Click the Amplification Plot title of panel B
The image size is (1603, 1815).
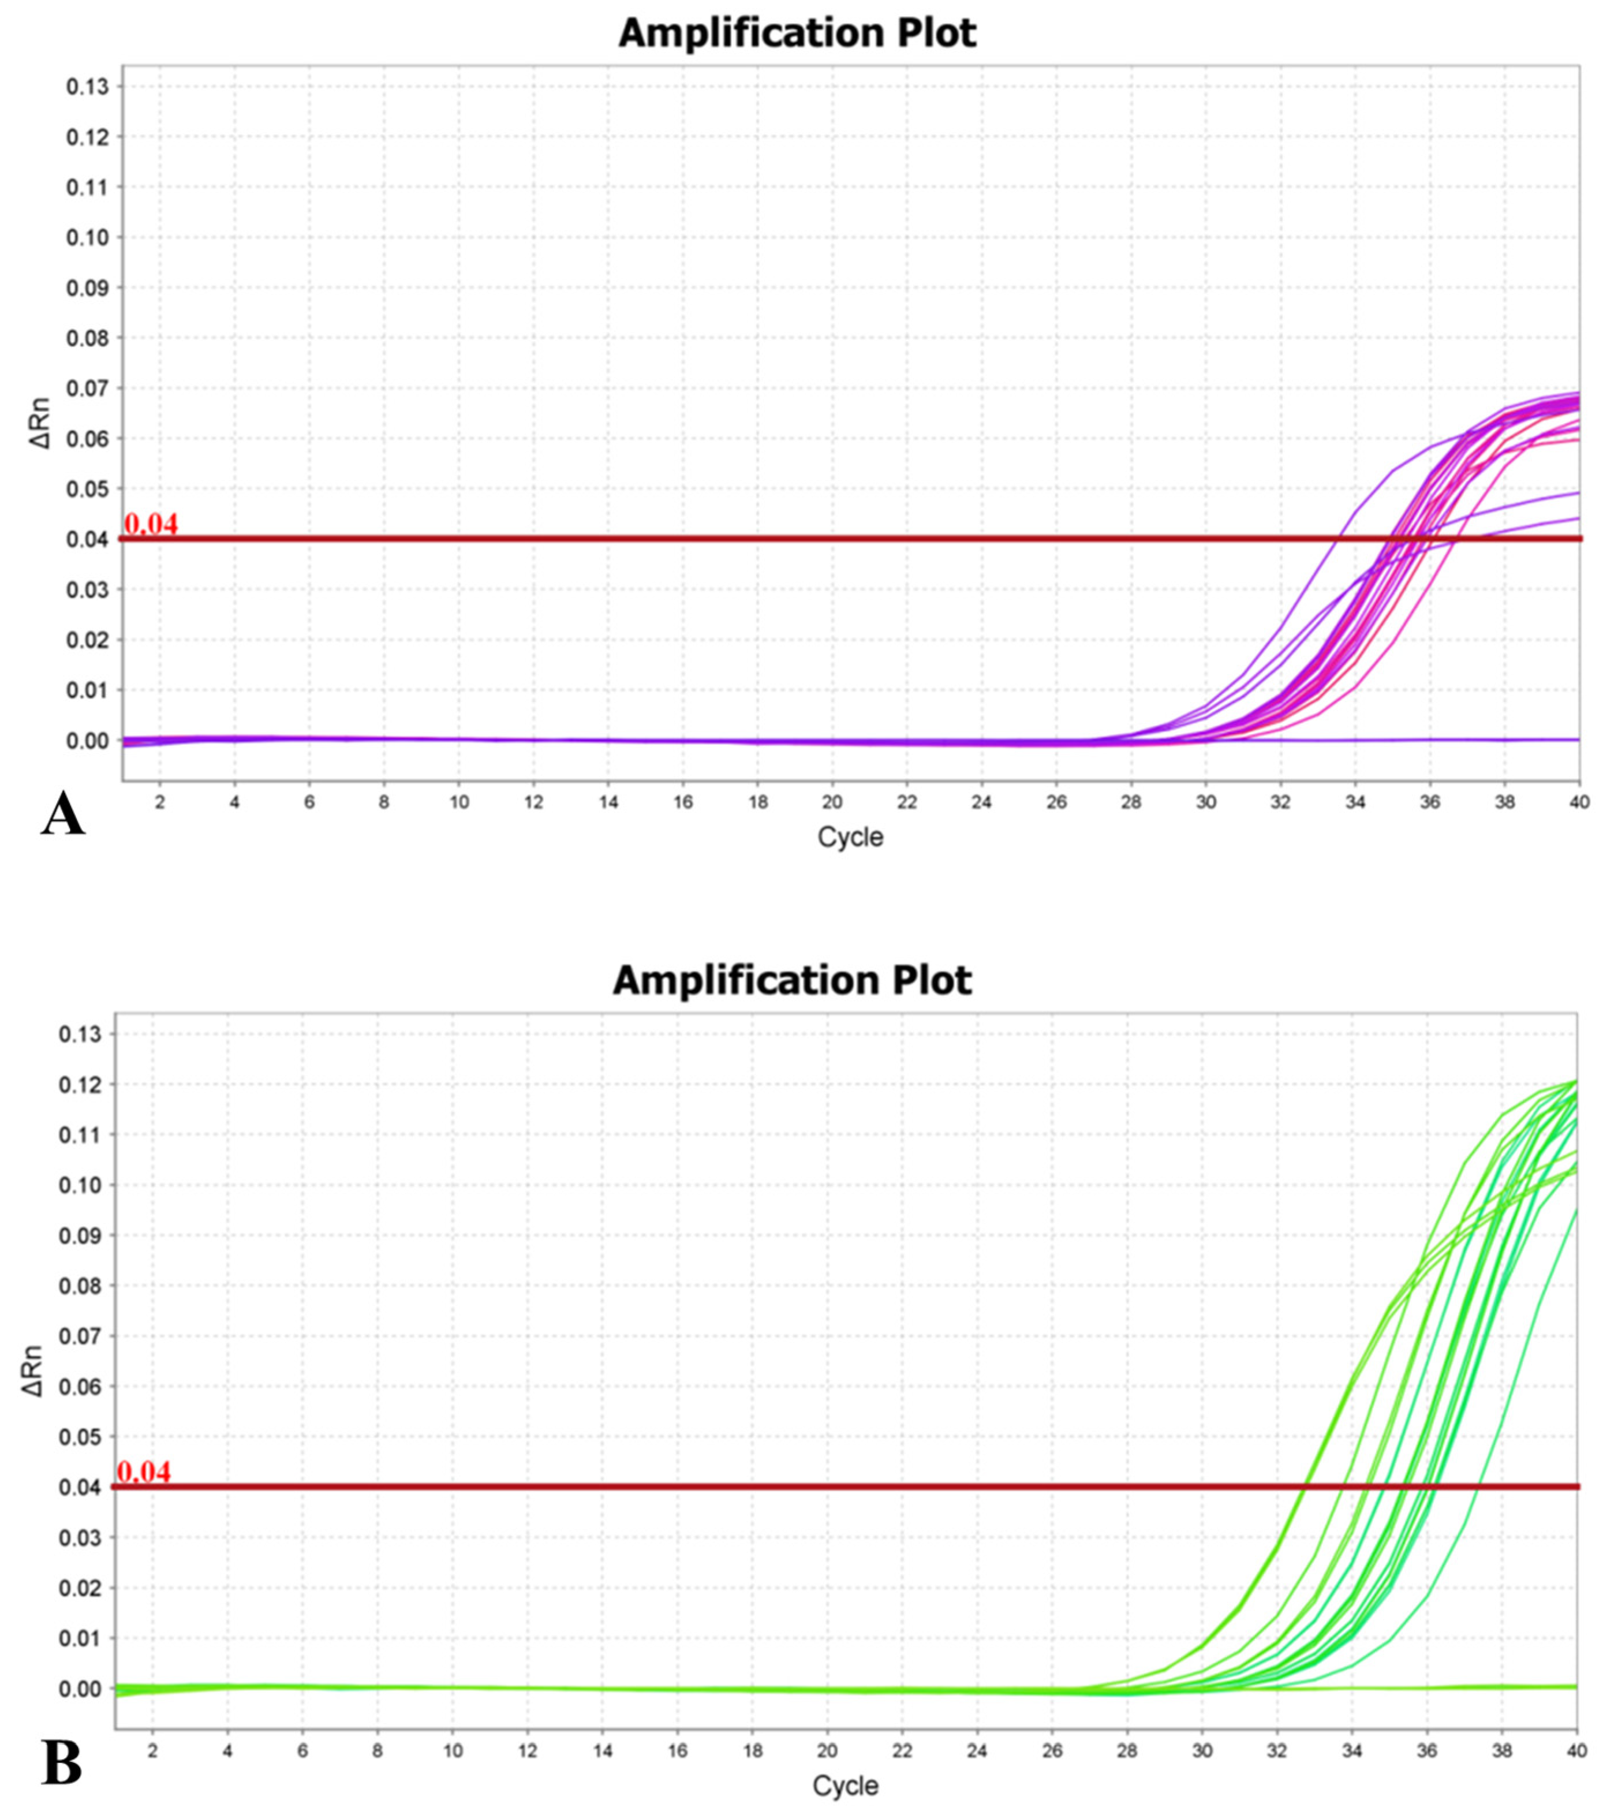point(791,980)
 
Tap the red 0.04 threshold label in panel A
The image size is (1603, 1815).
point(151,524)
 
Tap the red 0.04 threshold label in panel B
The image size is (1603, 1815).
point(144,1472)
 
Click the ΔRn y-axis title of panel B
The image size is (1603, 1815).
point(33,1370)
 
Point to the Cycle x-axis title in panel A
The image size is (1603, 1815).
point(850,836)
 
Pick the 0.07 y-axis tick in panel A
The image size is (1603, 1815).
point(87,389)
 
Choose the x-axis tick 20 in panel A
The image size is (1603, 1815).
point(831,802)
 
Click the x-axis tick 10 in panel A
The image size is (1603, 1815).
point(458,802)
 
